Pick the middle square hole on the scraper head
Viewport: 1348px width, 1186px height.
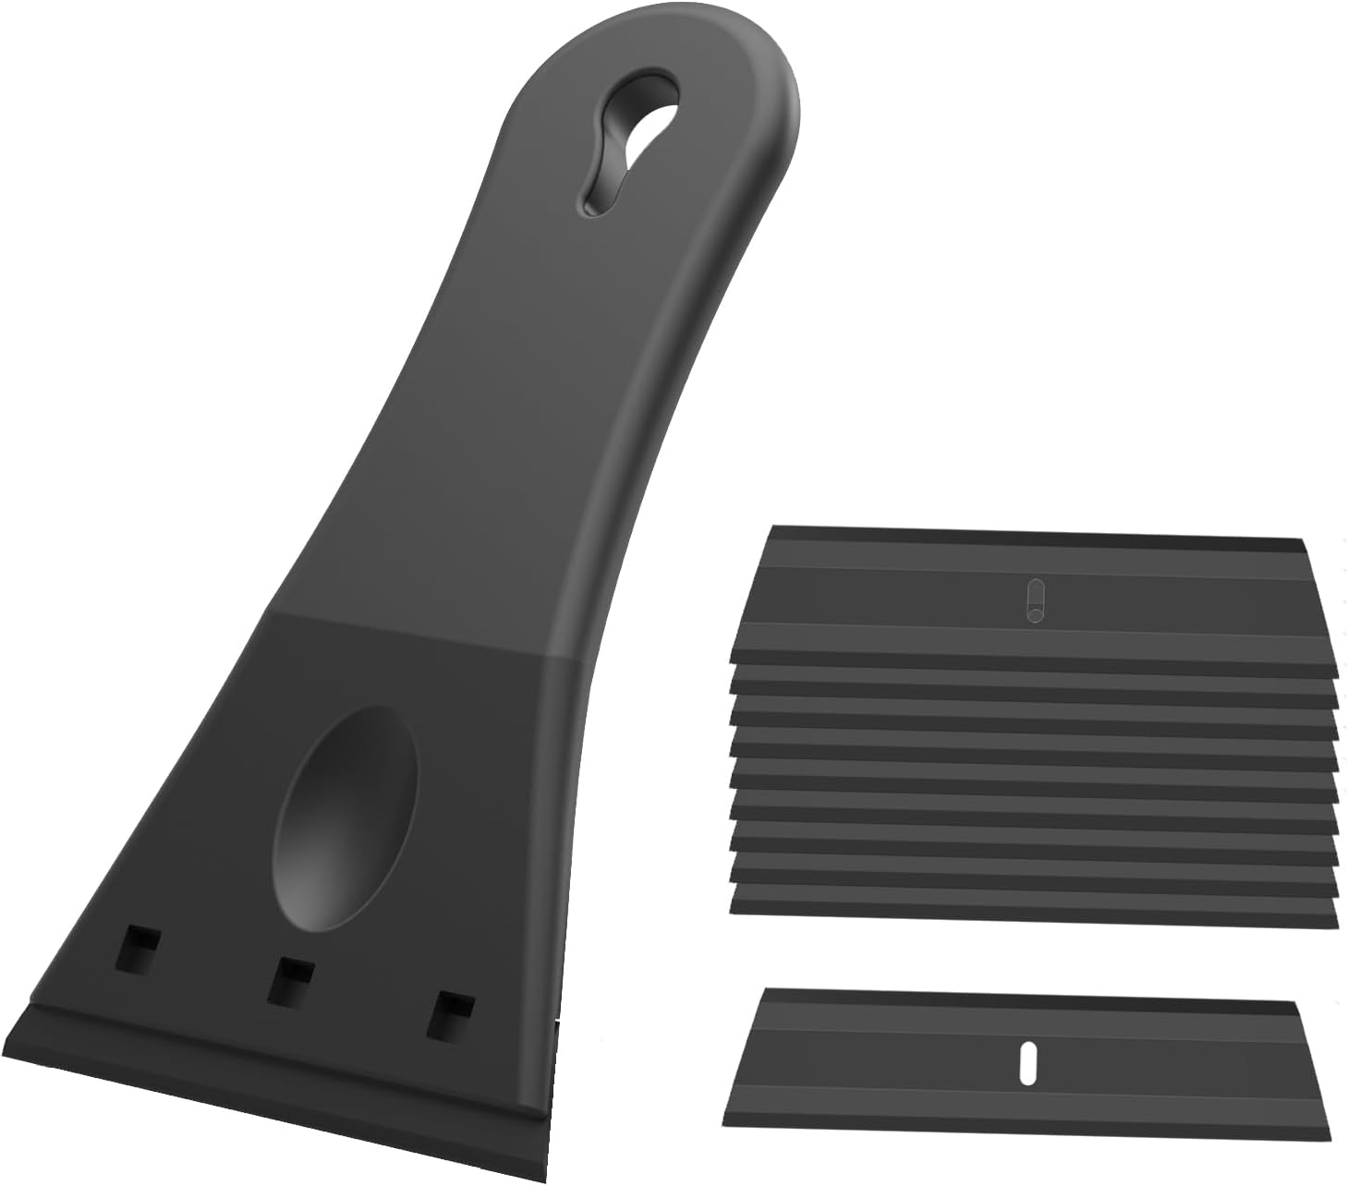(289, 981)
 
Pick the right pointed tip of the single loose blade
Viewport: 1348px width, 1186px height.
(1328, 1138)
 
